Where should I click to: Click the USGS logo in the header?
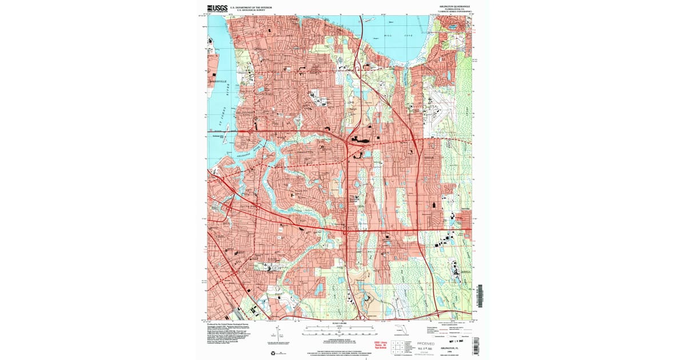coord(217,8)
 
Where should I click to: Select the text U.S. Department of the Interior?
coord(251,7)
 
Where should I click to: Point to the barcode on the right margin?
coord(480,295)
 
